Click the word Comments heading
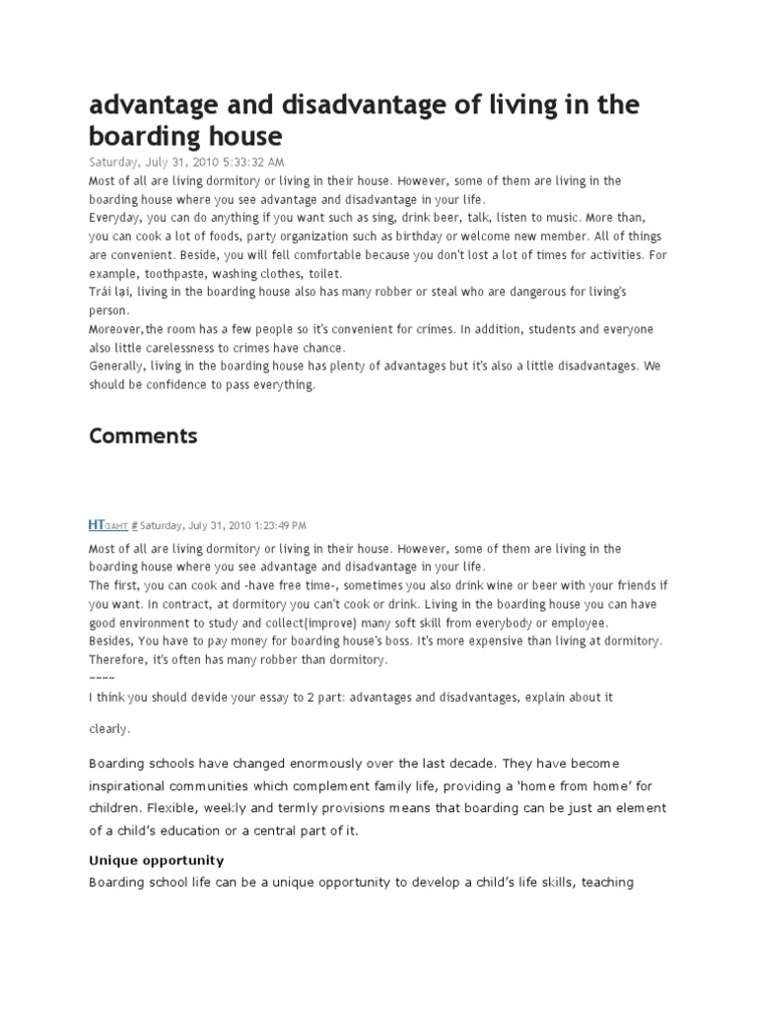pos(143,436)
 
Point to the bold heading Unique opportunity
pos(157,860)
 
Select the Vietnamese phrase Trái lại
pos(109,292)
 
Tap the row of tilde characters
pos(102,679)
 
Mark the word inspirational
pos(132,785)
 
